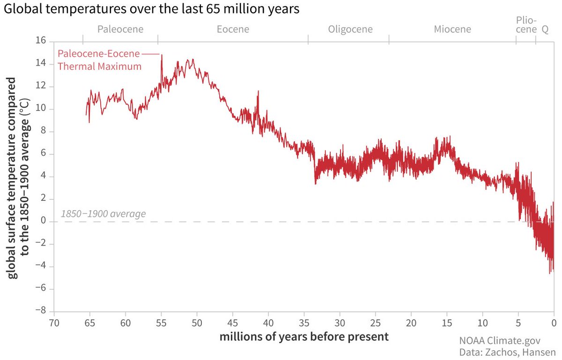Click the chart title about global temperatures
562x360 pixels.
point(151,10)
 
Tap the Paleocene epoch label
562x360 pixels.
point(120,29)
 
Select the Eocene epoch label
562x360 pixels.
point(233,29)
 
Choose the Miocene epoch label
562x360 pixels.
point(452,29)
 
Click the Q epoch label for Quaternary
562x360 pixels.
point(545,29)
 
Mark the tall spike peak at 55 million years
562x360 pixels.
point(162,55)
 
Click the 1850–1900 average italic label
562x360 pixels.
point(103,214)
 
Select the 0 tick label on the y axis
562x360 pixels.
point(43,221)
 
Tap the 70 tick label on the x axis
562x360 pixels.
point(54,323)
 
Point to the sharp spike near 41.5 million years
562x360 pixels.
point(258,92)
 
